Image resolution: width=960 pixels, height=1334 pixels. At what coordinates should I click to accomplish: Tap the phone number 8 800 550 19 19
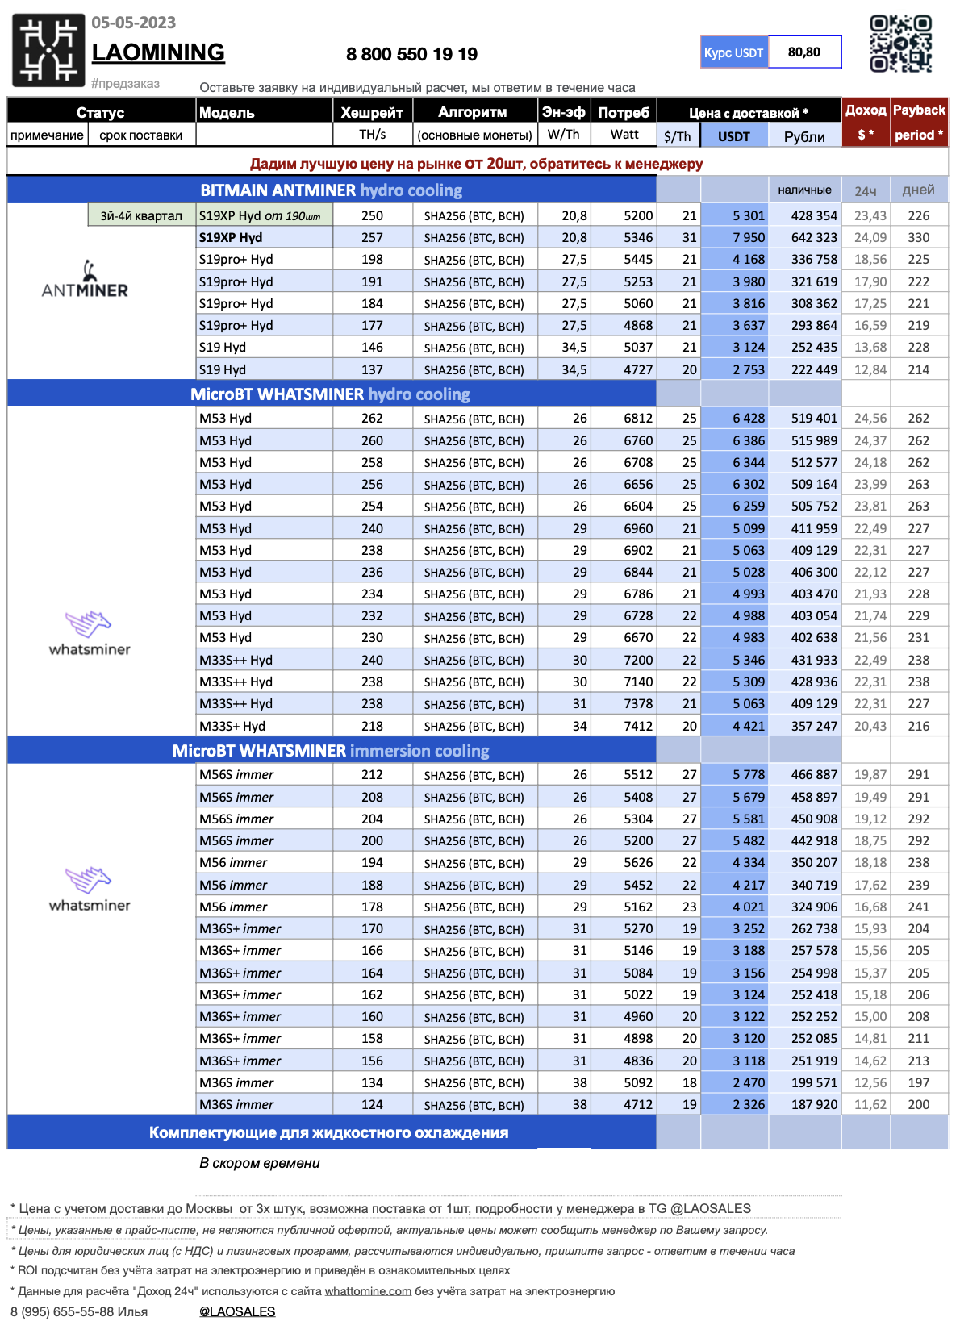tap(411, 54)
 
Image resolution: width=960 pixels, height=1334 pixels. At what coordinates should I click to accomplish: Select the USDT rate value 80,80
tap(803, 52)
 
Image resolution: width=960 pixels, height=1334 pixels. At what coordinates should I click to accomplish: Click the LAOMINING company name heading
tap(158, 52)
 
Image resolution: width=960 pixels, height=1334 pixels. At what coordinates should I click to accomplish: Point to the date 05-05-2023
tap(133, 23)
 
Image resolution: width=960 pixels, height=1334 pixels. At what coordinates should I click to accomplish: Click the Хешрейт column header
tap(372, 112)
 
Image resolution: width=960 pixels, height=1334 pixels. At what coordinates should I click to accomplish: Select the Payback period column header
tap(918, 122)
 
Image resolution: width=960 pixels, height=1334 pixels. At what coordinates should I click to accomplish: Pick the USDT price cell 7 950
tap(748, 238)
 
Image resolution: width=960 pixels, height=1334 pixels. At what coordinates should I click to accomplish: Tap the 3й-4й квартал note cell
tap(141, 215)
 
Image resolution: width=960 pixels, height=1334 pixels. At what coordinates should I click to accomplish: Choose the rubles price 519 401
tap(813, 419)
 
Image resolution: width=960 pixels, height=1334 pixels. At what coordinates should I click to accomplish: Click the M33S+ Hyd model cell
tap(232, 726)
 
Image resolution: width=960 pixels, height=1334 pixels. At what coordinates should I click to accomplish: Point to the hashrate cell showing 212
tap(372, 774)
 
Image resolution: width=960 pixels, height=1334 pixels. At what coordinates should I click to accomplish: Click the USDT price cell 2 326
tap(748, 1104)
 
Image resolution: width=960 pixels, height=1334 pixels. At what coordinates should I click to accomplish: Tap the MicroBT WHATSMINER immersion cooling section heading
tap(331, 751)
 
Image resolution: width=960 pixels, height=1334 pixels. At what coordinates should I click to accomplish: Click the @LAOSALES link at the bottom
tap(237, 1311)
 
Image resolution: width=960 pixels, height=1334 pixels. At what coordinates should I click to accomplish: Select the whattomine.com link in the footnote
tap(368, 1291)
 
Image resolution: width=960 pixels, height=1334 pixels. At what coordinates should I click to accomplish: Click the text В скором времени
tap(260, 1163)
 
